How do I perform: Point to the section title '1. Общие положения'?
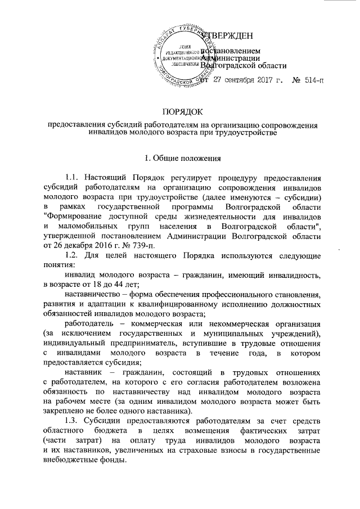click(179, 157)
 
